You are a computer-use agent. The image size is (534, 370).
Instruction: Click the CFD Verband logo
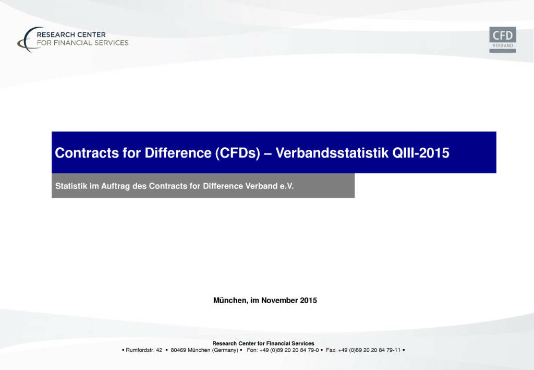click(503, 40)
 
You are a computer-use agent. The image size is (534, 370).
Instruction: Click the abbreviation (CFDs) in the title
click(237, 153)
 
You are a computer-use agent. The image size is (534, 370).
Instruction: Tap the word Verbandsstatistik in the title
click(332, 153)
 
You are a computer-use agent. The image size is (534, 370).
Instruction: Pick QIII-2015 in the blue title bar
click(421, 153)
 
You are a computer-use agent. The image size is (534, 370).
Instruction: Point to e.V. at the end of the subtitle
click(286, 186)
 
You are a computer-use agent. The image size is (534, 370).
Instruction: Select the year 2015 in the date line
click(308, 300)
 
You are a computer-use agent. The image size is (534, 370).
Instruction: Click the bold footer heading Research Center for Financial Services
click(263, 343)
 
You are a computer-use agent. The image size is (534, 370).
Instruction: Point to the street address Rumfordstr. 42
click(144, 350)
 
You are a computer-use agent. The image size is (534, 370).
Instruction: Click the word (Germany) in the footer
click(225, 350)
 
